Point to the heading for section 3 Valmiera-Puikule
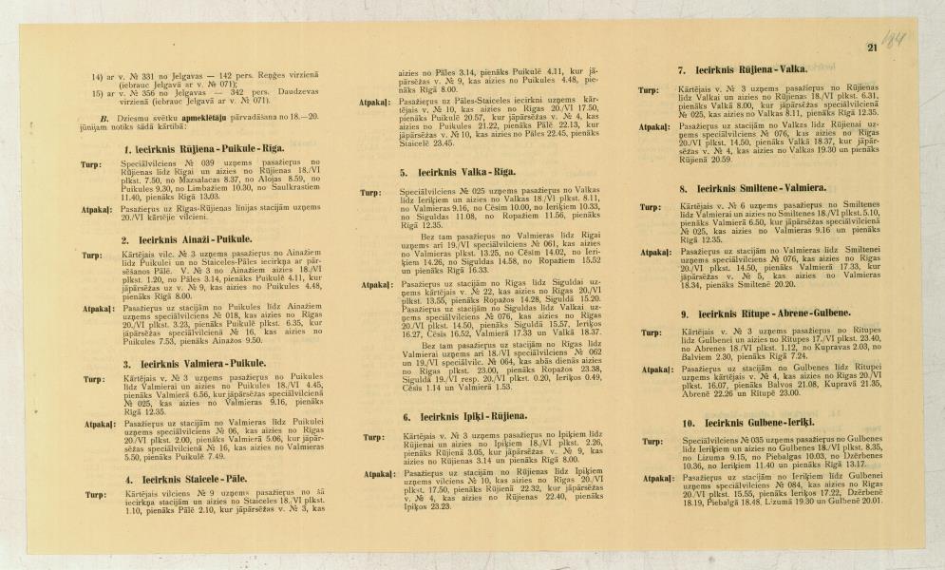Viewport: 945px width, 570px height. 194,363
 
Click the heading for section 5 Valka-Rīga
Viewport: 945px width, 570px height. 457,173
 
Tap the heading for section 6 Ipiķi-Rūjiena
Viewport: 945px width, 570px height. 463,416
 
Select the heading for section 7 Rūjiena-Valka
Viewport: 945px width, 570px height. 742,70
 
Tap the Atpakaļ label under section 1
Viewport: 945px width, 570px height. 97,207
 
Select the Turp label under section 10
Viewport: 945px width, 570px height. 651,442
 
